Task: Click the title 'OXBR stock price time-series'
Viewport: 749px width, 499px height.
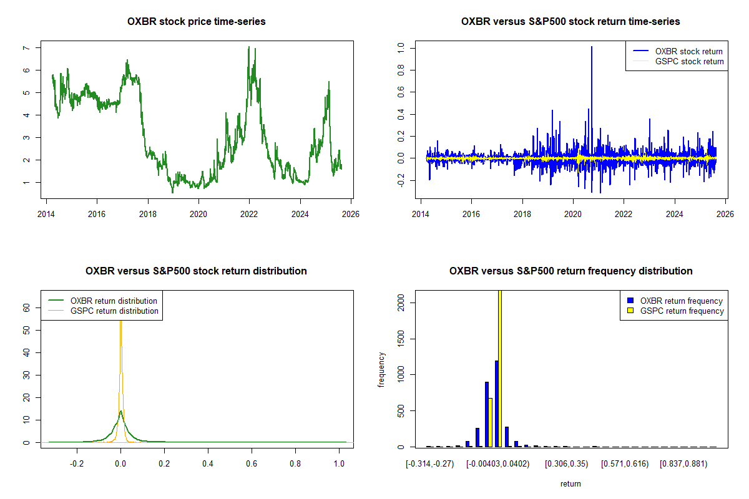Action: tap(196, 22)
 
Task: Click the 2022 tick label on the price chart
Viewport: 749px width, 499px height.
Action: tap(249, 212)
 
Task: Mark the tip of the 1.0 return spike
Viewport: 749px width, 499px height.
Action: tap(591, 47)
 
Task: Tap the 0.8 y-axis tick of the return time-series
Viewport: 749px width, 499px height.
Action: tap(401, 70)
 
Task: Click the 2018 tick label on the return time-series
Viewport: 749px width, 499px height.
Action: tap(522, 212)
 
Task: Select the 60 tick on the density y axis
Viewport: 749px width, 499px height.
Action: tap(27, 308)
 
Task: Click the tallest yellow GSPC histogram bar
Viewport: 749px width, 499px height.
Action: tap(499, 368)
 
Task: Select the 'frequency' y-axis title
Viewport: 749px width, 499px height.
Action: tap(382, 370)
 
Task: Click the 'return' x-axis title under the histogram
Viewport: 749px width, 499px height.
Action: tap(570, 483)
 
